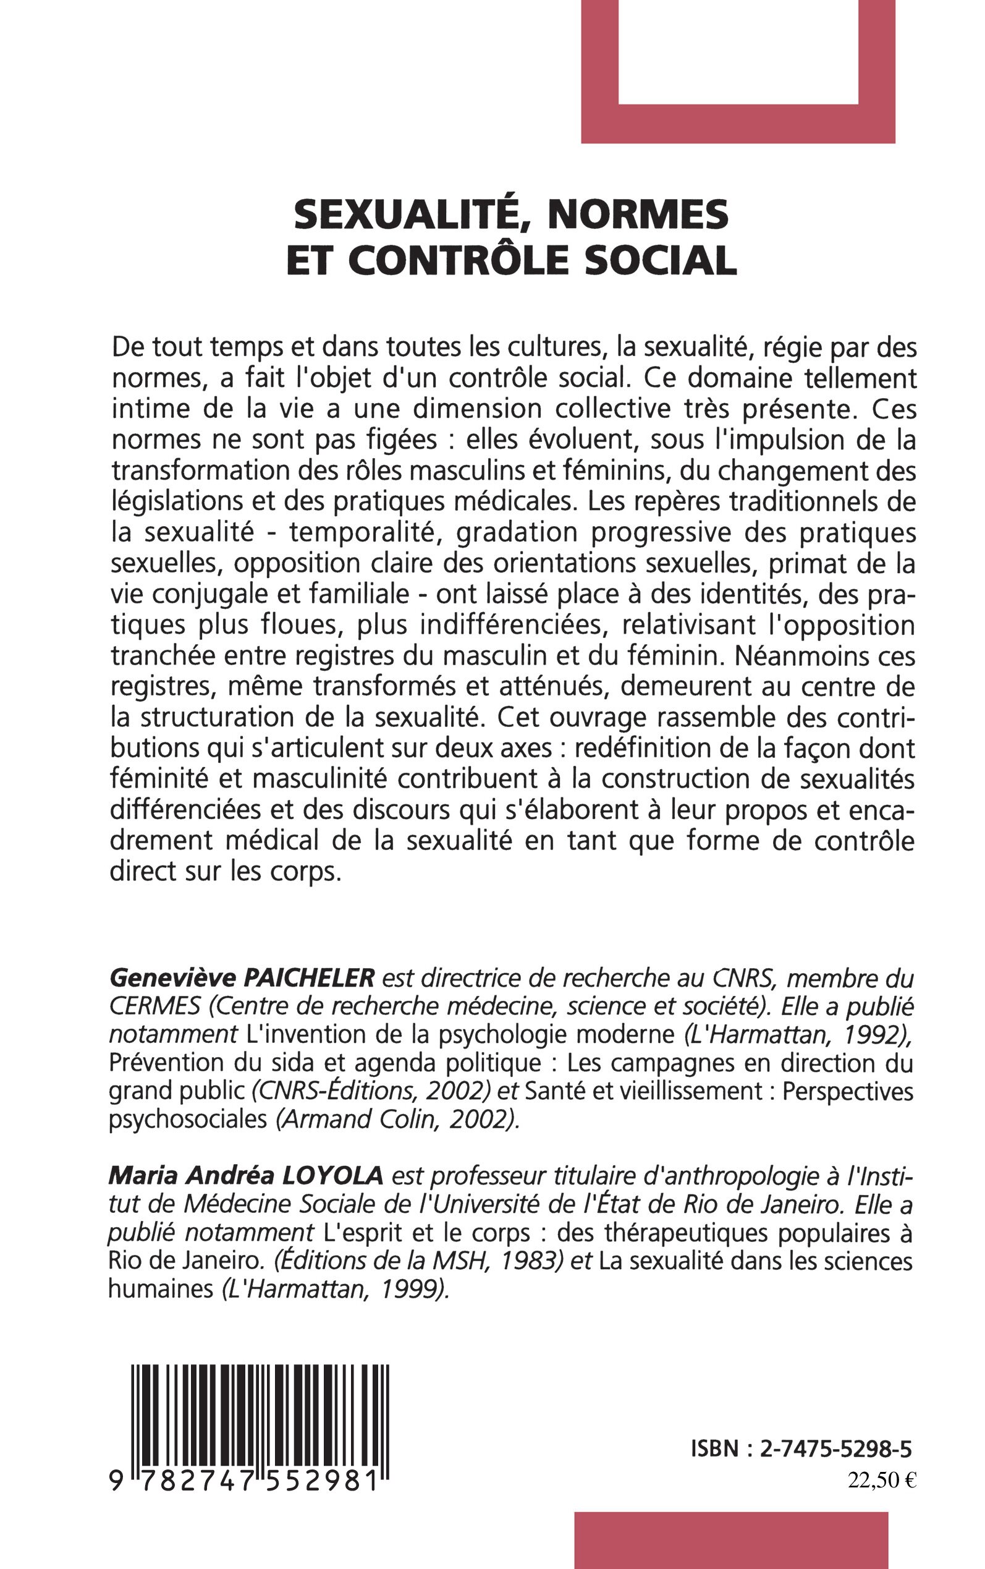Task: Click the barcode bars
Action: tap(261, 1408)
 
